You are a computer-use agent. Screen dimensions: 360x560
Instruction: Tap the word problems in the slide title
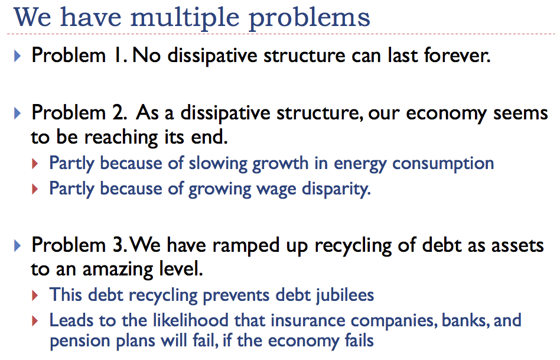(310, 18)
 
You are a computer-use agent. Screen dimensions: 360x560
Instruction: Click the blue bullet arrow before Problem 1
(17, 57)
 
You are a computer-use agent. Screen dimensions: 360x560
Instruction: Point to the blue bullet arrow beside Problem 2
(17, 112)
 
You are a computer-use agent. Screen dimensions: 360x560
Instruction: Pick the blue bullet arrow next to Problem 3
(17, 245)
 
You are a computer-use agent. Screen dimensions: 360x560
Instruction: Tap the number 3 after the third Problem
(118, 245)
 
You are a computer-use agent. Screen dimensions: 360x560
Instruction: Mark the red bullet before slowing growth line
(36, 163)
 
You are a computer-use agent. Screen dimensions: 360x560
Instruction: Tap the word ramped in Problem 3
(232, 245)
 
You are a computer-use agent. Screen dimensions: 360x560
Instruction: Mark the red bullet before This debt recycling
(36, 294)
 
